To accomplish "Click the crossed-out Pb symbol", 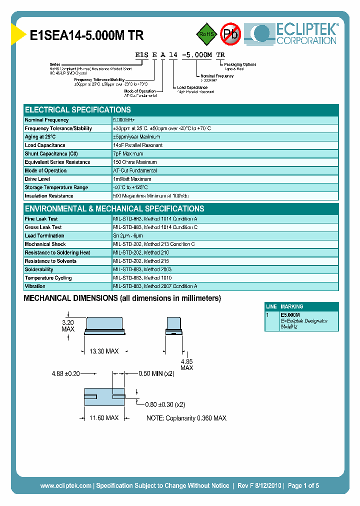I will [230, 34].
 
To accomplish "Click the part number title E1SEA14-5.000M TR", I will [87, 36].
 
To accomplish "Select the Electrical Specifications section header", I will [78, 110].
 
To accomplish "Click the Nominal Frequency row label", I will [47, 120].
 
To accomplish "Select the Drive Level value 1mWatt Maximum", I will [132, 179].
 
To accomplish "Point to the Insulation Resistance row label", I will [49, 196].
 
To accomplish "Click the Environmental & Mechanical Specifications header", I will [114, 209].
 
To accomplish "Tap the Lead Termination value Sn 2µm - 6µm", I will [128, 236].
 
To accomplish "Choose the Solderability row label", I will [39, 269].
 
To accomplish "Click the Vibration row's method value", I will [155, 286].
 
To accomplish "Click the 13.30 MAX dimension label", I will [104, 352].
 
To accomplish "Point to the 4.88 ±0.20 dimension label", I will [66, 373].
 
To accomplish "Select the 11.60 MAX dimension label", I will [104, 417].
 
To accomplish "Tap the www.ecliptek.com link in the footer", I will [65, 485].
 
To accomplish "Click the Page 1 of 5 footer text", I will [303, 485].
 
